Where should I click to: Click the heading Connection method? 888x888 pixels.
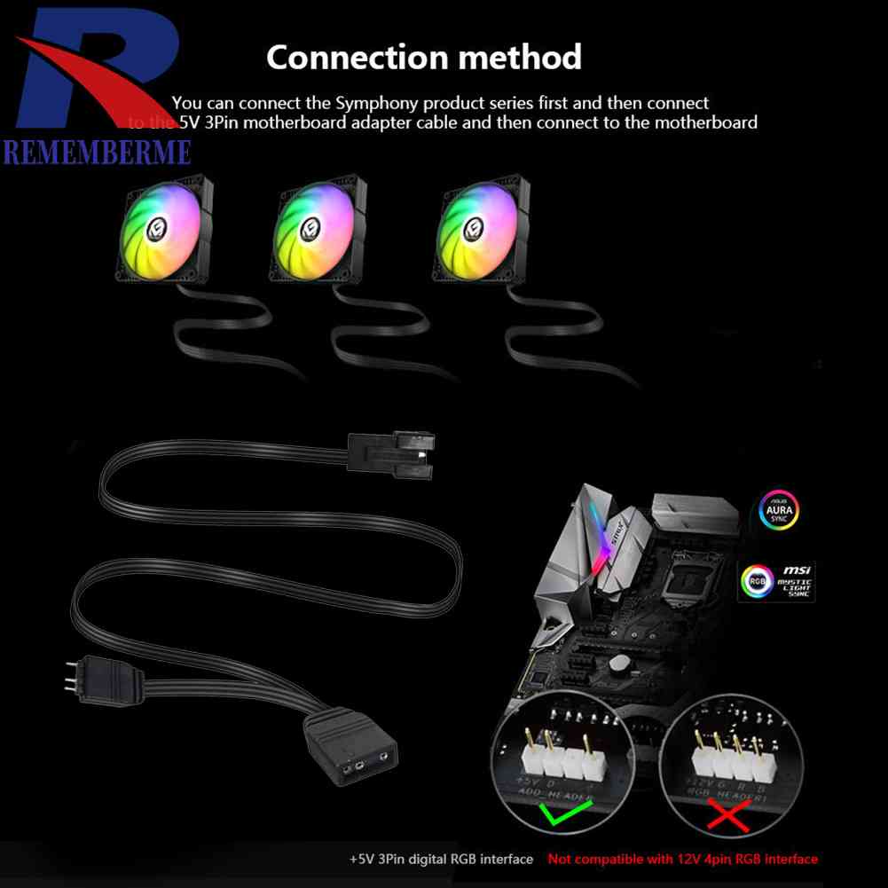[x=424, y=58]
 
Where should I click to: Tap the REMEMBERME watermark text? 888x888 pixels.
[x=97, y=152]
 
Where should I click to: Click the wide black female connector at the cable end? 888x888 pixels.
[x=348, y=750]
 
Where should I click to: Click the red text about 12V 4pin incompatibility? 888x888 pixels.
[x=682, y=859]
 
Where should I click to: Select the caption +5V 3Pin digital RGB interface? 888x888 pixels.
[x=441, y=859]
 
